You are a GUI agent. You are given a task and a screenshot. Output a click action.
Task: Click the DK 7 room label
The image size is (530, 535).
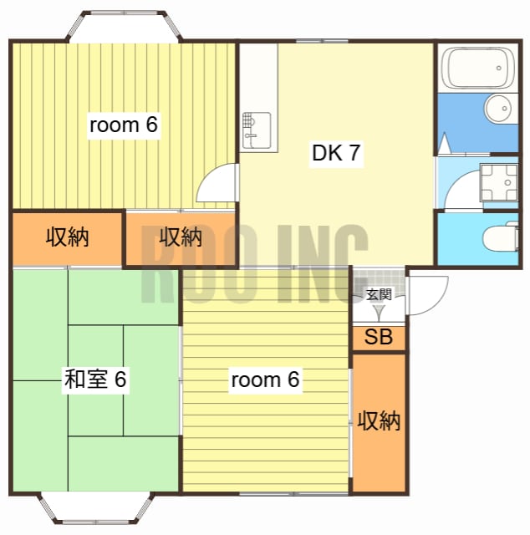(x=336, y=153)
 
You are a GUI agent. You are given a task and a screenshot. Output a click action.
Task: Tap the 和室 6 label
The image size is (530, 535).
(x=95, y=380)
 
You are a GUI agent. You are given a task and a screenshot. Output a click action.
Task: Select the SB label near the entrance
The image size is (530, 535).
(x=379, y=338)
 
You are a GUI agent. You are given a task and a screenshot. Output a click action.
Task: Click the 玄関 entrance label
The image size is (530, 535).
(x=379, y=294)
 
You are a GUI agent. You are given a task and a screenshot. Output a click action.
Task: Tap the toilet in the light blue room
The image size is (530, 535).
(x=501, y=238)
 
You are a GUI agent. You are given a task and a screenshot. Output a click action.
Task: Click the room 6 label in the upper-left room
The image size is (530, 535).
(x=124, y=125)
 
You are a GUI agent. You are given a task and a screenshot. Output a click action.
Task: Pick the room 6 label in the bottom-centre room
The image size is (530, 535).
(x=264, y=380)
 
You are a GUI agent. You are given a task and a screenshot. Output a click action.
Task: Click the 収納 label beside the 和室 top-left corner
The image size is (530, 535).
(x=67, y=237)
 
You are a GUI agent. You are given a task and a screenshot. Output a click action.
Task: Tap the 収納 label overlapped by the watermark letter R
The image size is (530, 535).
(x=181, y=237)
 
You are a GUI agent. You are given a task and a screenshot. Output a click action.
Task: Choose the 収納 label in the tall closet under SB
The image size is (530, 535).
(x=379, y=420)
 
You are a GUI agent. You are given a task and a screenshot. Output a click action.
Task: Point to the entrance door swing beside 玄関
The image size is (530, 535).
(x=426, y=293)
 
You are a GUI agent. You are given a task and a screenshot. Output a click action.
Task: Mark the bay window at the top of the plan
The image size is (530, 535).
(x=124, y=25)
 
